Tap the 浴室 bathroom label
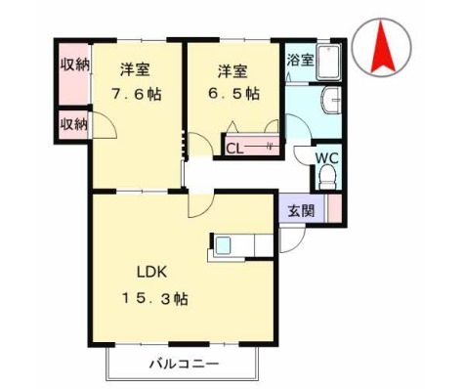(x=299, y=60)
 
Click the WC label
(x=326, y=156)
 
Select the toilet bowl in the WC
(x=327, y=177)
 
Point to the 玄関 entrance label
(x=301, y=210)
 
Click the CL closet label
(x=234, y=149)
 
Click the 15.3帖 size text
(x=155, y=299)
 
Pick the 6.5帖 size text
(x=234, y=95)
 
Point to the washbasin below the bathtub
(x=331, y=101)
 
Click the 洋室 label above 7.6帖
(x=136, y=70)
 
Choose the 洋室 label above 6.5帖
(x=232, y=70)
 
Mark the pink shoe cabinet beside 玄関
(x=333, y=209)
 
